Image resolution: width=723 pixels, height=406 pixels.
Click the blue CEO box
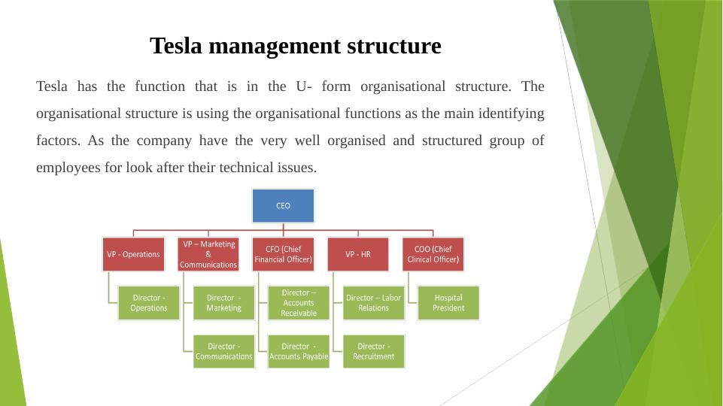click(x=283, y=205)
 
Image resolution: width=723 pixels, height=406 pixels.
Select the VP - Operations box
click(x=133, y=254)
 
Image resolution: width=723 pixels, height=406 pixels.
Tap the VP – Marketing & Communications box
click(x=208, y=254)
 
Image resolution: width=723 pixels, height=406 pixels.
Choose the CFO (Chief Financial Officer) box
click(x=283, y=254)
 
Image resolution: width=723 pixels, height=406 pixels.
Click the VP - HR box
click(x=358, y=254)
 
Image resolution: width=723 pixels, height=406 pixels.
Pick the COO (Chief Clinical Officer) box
click(x=433, y=254)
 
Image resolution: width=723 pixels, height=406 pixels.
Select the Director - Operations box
click(x=149, y=302)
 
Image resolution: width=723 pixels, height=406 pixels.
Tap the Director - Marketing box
click(x=223, y=302)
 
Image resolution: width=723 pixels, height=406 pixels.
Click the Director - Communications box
click(x=223, y=351)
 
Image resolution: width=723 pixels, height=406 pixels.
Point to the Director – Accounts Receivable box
click(x=299, y=302)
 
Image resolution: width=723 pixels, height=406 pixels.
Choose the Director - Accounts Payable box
click(x=299, y=351)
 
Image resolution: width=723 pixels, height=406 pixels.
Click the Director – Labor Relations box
click(x=373, y=302)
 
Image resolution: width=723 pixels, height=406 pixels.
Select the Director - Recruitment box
click(x=373, y=351)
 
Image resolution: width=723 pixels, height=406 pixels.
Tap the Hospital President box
click(x=448, y=302)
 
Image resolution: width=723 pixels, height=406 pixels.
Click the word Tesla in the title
click(x=178, y=46)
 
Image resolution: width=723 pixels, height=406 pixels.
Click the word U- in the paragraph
click(x=305, y=86)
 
